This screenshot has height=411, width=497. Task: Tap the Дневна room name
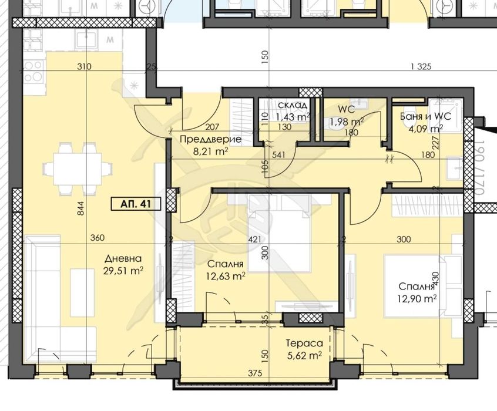tap(123, 259)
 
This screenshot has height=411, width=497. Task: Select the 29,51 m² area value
tap(125, 271)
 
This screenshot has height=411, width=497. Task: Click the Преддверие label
tap(203, 139)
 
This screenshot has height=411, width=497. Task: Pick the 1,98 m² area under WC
tap(347, 122)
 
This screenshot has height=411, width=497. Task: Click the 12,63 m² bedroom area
tap(226, 275)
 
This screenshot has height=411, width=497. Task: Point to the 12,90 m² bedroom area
tap(418, 299)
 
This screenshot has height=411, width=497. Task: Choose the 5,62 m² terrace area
tap(303, 355)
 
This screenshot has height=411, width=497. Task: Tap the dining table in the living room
tap(83, 169)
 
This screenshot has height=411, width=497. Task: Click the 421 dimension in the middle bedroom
tap(254, 239)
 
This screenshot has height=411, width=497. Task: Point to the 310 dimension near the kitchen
tap(84, 67)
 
